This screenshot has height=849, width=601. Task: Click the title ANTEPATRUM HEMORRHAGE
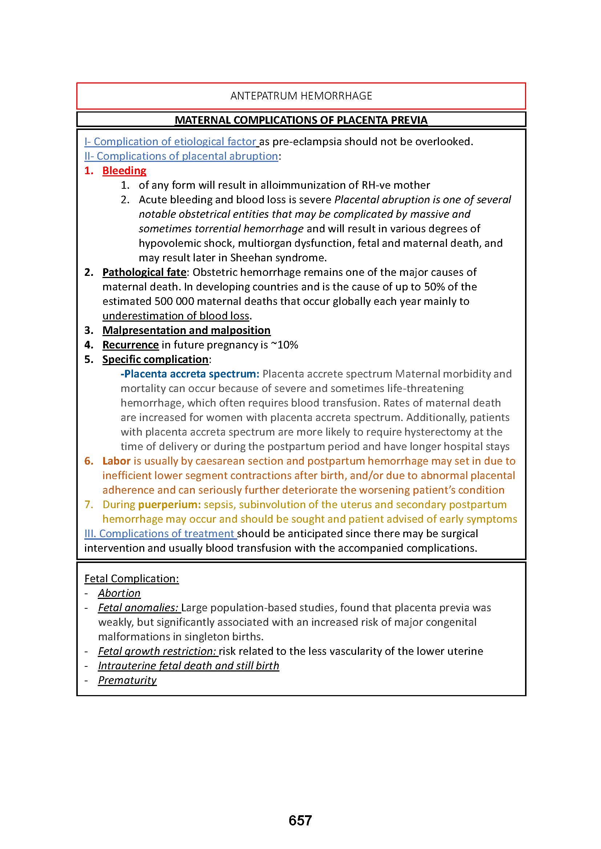tap(301, 96)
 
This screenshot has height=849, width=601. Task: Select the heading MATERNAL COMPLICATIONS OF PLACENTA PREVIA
tap(301, 120)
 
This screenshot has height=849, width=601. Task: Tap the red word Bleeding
tap(124, 171)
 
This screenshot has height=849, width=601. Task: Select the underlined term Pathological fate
tap(144, 272)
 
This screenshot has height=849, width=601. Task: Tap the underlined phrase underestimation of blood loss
tap(176, 316)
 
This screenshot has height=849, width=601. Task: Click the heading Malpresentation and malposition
tap(186, 330)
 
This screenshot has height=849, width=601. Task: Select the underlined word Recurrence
tap(131, 344)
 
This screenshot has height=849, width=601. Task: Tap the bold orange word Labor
tap(117, 461)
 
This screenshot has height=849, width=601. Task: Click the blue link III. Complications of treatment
tap(160, 534)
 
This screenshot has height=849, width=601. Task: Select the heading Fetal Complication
tap(132, 578)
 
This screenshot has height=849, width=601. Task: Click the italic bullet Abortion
tap(119, 593)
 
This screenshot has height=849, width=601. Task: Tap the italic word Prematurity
tap(127, 680)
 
